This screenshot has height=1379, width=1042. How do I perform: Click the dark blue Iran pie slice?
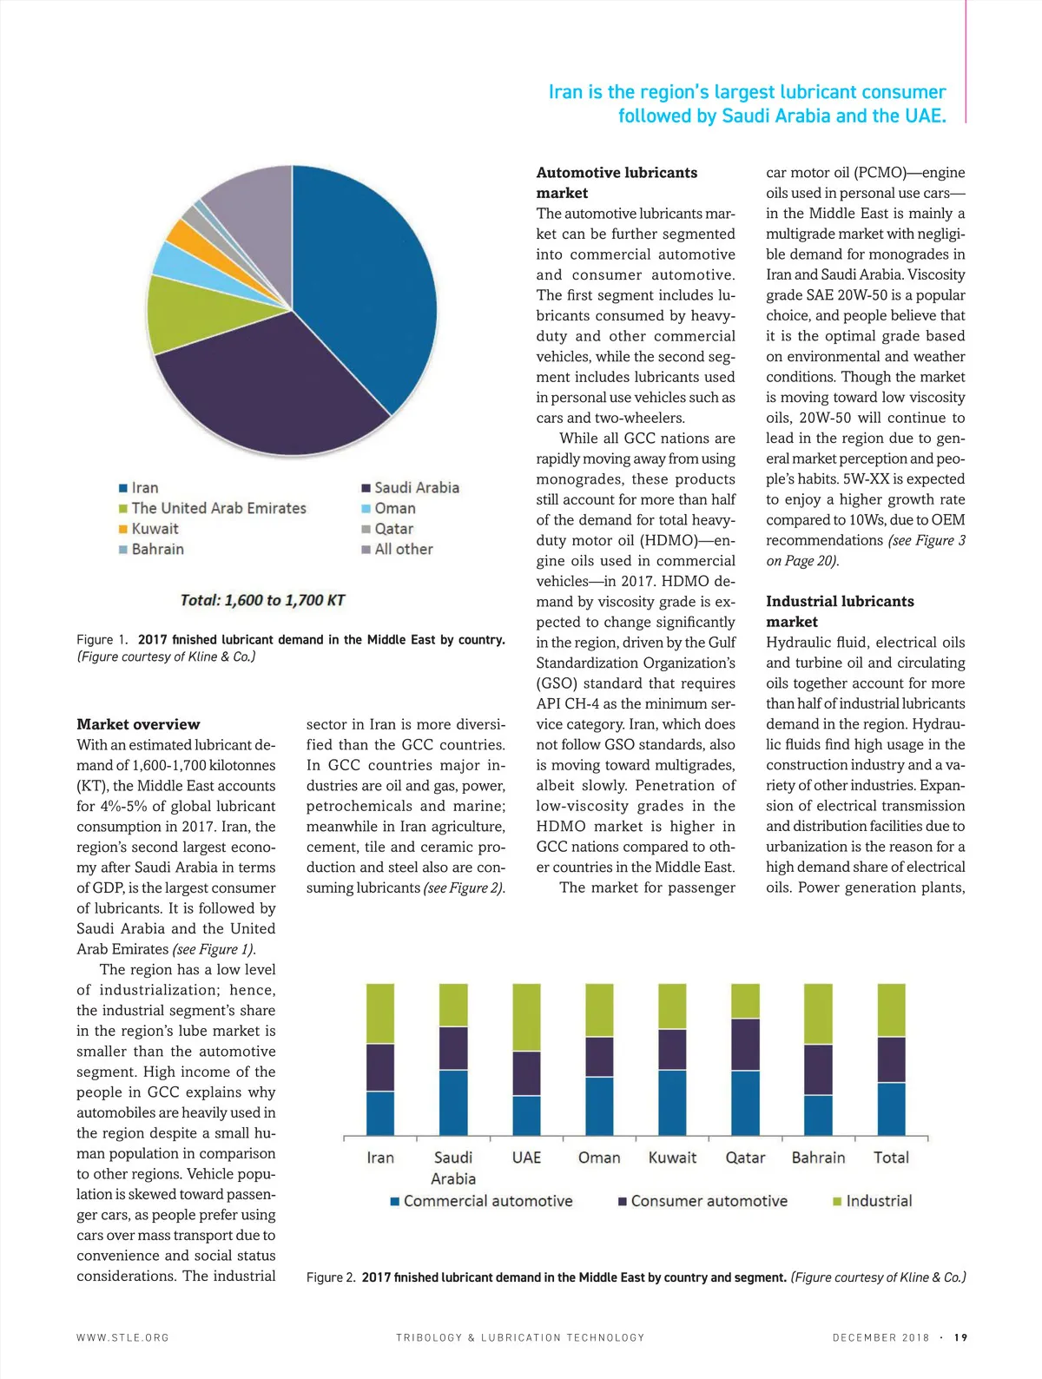(365, 278)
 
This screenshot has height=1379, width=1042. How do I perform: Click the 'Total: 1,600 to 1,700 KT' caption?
(262, 600)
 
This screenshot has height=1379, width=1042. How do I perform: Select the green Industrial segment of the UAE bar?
(526, 1017)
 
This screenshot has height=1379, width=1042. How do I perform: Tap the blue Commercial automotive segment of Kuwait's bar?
(672, 1103)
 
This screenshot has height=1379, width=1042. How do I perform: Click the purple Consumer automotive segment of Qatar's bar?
(745, 1045)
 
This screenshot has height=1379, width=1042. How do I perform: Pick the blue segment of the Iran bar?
(380, 1113)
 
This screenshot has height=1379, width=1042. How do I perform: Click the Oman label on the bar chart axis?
(599, 1158)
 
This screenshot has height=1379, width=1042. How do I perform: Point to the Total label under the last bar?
(891, 1158)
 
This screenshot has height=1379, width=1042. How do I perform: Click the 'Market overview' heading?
(138, 724)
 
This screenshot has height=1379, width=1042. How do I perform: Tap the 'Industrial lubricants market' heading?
(839, 611)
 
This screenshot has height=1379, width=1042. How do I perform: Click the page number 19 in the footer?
(960, 1337)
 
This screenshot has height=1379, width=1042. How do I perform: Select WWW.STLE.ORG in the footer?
(122, 1337)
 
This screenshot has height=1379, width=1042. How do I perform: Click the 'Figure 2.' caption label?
(331, 1277)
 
